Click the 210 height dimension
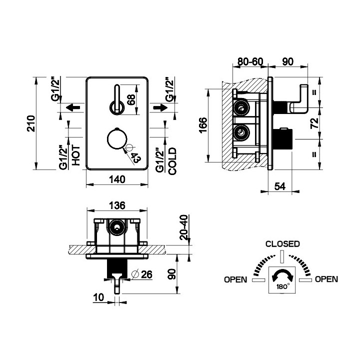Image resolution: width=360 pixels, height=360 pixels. [31, 123]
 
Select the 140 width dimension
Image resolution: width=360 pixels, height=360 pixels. [117, 179]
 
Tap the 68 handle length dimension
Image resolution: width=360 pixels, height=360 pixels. [131, 99]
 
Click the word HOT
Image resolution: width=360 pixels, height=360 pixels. [76, 155]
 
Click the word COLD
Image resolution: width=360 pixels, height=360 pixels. [172, 161]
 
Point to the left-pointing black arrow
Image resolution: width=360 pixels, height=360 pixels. [73, 107]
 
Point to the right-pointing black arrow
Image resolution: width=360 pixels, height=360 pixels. [160, 107]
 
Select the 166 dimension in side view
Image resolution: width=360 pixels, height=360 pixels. [203, 125]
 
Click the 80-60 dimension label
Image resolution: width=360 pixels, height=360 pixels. [250, 61]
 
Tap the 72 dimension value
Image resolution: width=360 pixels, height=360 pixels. [314, 123]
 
